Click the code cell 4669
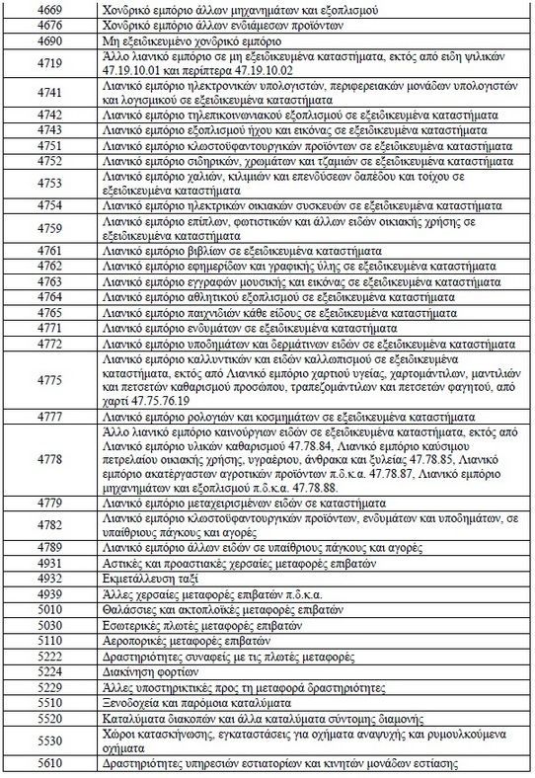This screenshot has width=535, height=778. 49,10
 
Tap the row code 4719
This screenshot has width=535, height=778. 49,67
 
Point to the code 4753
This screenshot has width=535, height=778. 49,183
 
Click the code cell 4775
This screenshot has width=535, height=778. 49,380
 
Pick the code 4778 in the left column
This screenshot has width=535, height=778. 49,460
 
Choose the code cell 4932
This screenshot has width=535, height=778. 49,578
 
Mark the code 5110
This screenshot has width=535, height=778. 49,640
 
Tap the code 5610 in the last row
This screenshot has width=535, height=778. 49,764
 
